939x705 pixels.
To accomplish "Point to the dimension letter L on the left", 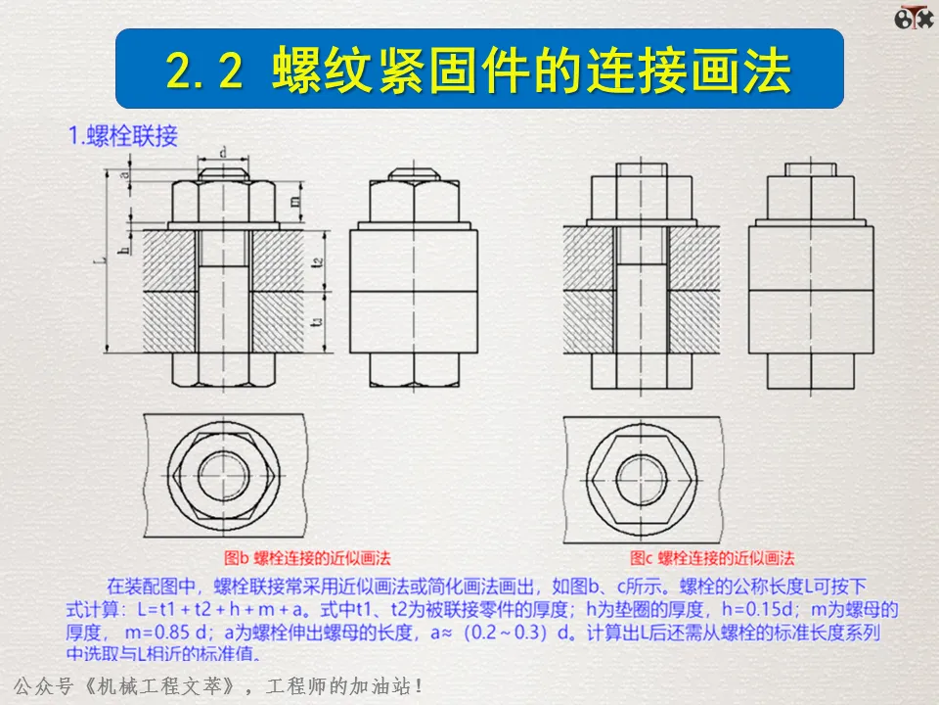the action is point(103,260).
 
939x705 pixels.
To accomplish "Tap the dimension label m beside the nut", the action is point(294,200).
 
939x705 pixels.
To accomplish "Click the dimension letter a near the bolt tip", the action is point(124,174).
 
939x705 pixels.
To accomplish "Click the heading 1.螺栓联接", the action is point(122,136).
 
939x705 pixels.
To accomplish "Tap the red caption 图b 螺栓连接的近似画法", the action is point(308,558).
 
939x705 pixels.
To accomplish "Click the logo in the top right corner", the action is point(912,19).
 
